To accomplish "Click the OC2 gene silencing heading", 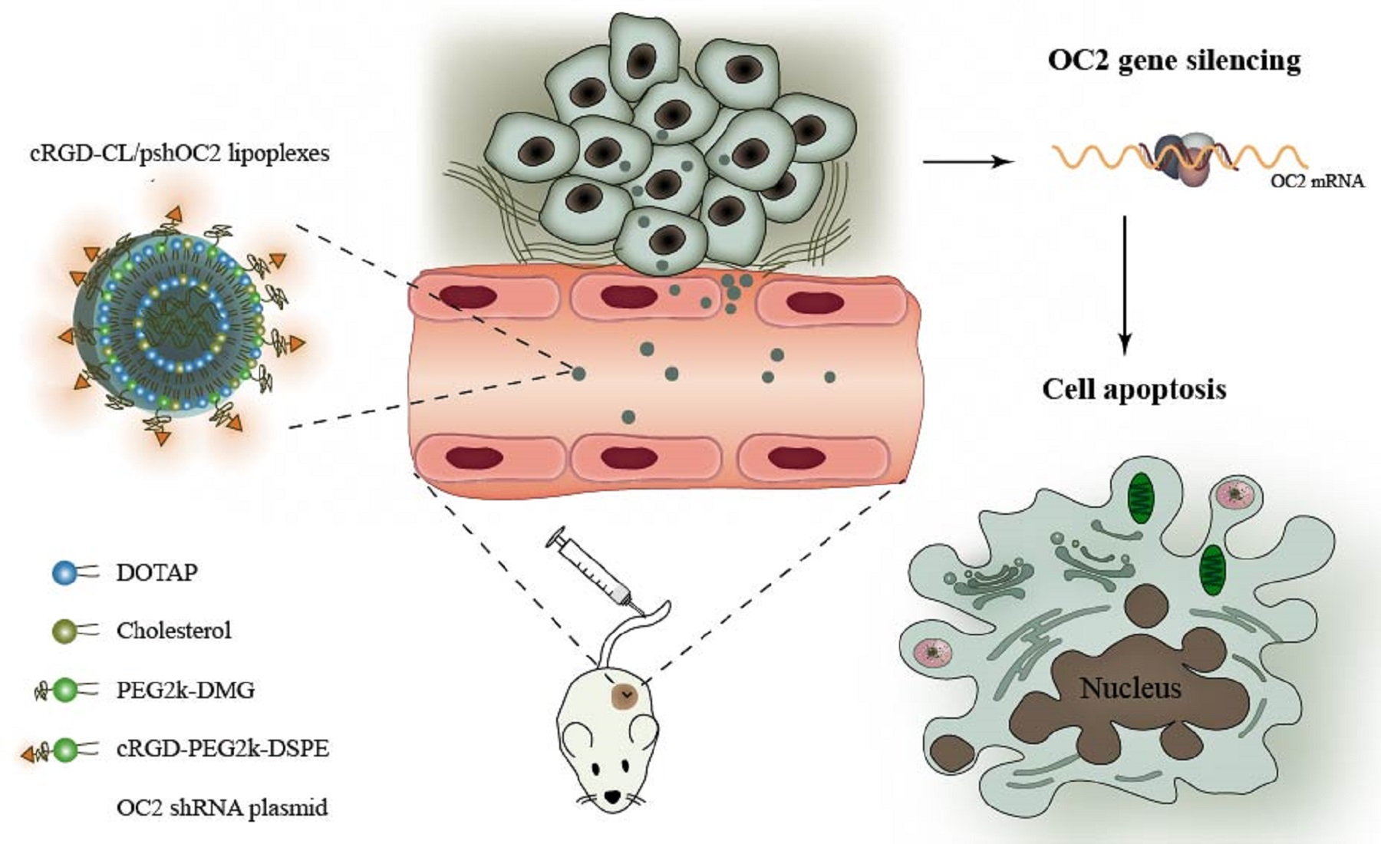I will click(1174, 61).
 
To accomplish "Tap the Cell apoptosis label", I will click(1134, 389).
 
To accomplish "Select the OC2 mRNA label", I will click(1317, 182).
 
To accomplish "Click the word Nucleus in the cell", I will click(1130, 688).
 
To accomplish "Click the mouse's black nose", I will click(611, 798).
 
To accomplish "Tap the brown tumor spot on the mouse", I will click(627, 695).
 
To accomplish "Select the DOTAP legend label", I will click(157, 572).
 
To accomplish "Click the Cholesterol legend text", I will click(173, 631).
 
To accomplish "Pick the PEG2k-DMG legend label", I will click(186, 690).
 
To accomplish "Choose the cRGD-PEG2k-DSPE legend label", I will click(222, 748).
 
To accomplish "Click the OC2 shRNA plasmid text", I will click(222, 807).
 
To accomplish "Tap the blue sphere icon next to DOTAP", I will click(64, 573).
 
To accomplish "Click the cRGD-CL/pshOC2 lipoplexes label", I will click(180, 153).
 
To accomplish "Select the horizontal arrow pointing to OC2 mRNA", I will click(967, 162).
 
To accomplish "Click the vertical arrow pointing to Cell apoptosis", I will click(1124, 284).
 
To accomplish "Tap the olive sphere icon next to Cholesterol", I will click(64, 631).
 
